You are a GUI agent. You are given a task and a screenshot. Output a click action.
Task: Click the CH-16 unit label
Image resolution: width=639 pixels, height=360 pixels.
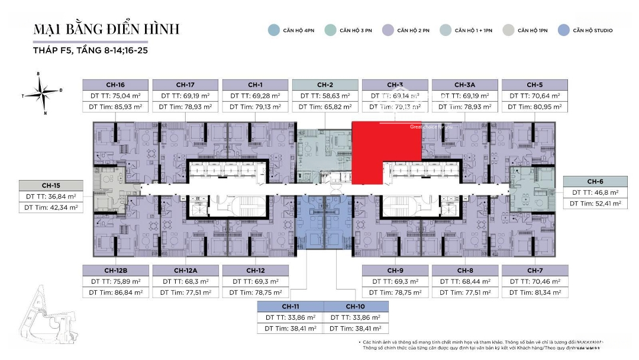(x=116, y=85)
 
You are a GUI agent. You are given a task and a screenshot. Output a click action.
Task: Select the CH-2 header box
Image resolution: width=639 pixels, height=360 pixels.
(x=325, y=85)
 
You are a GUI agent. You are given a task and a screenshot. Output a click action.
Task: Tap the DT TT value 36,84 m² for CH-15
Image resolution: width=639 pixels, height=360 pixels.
(x=52, y=197)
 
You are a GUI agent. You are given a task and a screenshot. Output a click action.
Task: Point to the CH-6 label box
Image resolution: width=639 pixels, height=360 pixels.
(x=595, y=181)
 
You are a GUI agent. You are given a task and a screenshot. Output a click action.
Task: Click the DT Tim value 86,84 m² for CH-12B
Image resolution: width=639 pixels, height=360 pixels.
(x=116, y=292)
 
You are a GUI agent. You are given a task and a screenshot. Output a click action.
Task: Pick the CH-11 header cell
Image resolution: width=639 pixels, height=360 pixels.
(x=290, y=306)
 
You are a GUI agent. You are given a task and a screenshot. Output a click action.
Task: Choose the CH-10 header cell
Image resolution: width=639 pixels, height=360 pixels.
(x=356, y=306)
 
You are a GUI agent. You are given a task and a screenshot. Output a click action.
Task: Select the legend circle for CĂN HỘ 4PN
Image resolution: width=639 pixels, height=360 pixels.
(x=273, y=30)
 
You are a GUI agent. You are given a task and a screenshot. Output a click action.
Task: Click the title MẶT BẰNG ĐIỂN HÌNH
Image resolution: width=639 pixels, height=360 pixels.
(x=106, y=29)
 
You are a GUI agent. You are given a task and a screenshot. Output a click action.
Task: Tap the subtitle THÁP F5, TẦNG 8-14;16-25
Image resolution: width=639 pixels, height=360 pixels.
(x=91, y=50)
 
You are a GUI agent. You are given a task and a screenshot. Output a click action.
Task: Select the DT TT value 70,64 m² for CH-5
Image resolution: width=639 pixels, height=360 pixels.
(x=534, y=95)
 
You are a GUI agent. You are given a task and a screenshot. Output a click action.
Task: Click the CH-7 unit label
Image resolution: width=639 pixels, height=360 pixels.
(x=534, y=270)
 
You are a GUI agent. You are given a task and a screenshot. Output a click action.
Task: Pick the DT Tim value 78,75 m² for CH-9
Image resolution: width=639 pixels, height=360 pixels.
(x=395, y=292)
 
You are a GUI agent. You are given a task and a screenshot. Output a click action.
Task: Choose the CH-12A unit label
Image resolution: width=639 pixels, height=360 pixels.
(x=186, y=270)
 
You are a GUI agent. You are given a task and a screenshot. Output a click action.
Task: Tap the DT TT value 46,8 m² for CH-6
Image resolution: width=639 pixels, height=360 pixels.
(x=595, y=192)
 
